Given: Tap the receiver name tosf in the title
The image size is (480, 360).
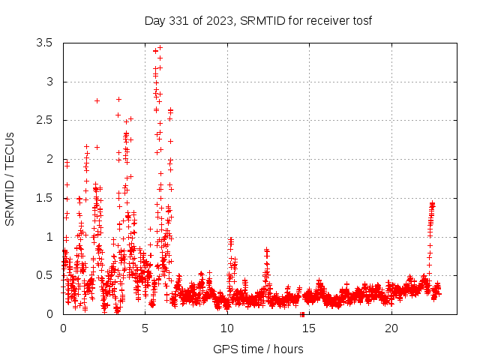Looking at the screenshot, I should [x=361, y=20].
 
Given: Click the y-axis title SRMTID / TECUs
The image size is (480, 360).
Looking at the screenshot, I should [x=10, y=178].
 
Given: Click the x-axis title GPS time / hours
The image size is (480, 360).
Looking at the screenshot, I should [x=258, y=349].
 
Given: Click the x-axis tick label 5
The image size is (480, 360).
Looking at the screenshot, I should [x=145, y=328].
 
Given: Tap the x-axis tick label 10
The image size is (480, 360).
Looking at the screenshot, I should [x=227, y=328].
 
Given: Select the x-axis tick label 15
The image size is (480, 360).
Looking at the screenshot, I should [x=309, y=328].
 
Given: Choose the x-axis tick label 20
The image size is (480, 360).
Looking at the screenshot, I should [x=391, y=328].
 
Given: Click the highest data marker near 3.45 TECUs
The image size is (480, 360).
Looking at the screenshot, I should [x=160, y=47].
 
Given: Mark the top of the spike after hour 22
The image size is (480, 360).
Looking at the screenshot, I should [x=432, y=203].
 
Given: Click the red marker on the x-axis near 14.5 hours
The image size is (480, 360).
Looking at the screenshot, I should [x=301, y=313].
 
